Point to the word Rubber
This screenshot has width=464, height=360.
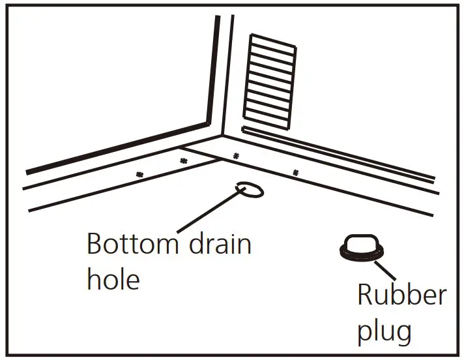coord(401,295)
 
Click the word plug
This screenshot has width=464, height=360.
coord(384,331)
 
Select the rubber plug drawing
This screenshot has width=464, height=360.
coord(360,247)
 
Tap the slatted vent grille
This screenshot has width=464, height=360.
coord(270,81)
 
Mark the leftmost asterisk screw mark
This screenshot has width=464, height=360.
coord(139,174)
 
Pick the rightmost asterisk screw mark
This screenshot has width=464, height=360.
coord(295,173)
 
